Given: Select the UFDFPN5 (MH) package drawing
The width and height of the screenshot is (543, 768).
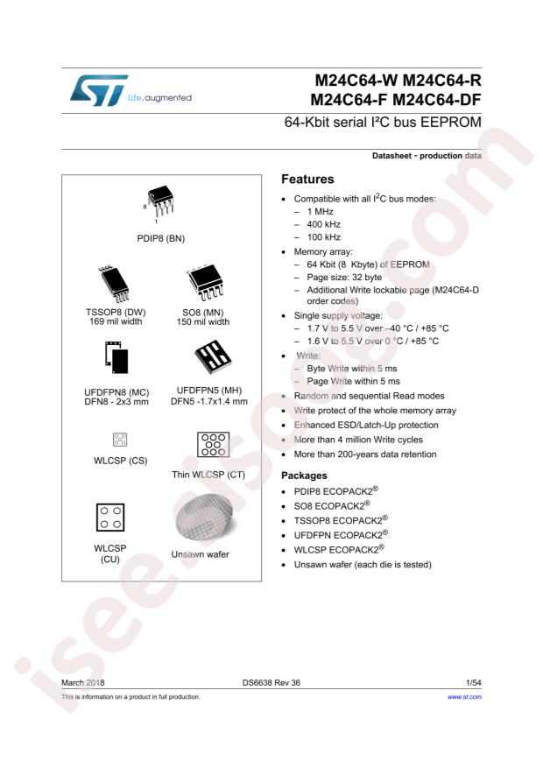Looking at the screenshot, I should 207,356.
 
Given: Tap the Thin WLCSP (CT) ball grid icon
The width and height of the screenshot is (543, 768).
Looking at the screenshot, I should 208,443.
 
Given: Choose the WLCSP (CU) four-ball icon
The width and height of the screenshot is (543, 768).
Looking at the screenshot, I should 109,518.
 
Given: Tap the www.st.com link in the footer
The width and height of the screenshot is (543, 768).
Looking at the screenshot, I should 464,697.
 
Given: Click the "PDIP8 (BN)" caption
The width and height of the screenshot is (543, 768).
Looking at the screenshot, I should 161,238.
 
